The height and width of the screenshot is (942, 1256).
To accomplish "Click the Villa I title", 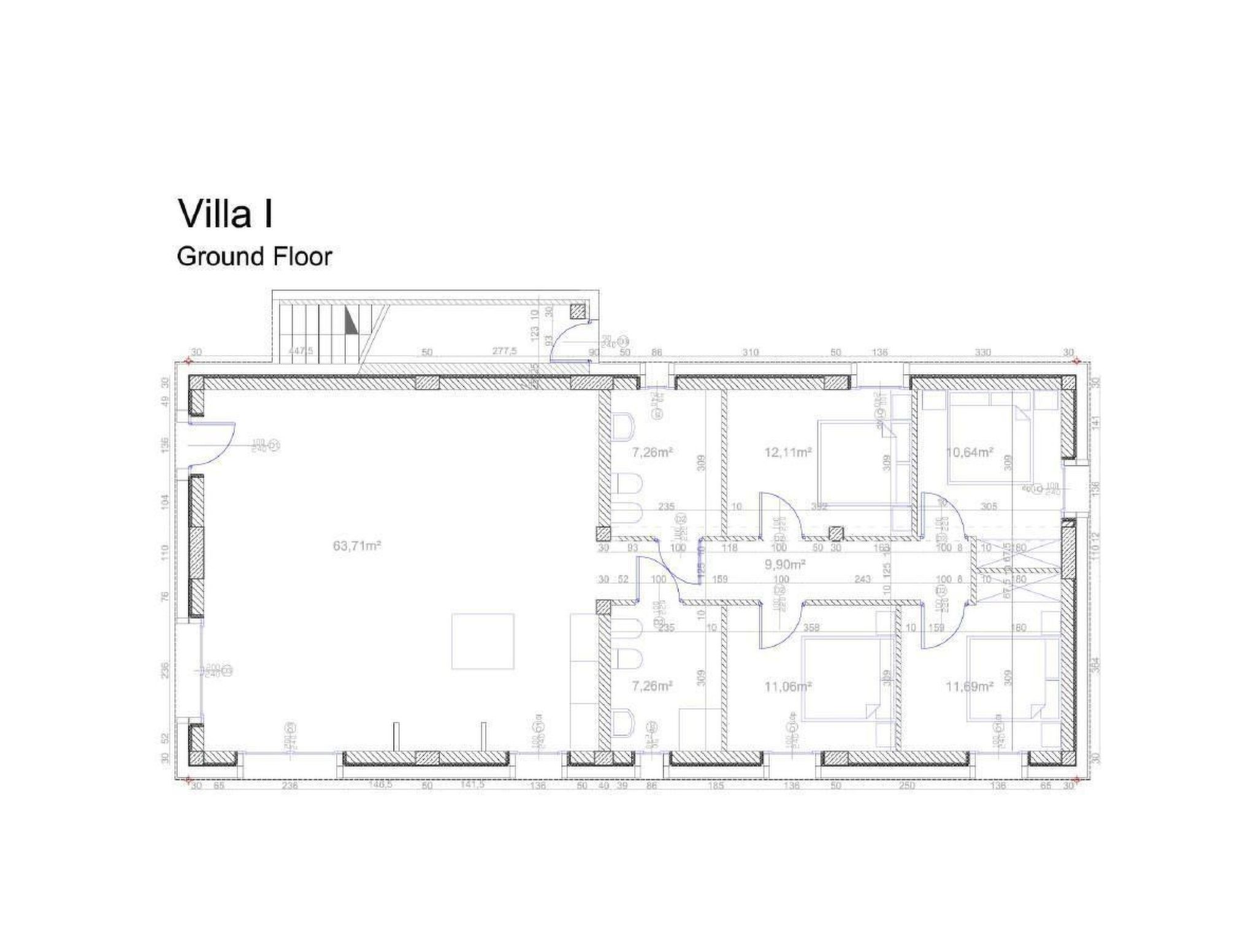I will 225,213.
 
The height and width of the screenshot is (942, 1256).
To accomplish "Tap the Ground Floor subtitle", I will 254,256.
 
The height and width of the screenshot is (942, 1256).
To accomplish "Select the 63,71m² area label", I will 357,545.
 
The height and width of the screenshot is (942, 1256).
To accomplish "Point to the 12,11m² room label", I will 788,453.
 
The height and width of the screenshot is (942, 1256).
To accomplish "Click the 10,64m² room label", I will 969,453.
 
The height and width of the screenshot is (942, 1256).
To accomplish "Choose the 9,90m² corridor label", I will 784,564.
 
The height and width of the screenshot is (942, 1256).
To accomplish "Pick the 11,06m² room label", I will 788,686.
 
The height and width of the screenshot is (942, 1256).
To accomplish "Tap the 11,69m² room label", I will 969,686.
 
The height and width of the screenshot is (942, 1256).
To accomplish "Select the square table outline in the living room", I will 483,641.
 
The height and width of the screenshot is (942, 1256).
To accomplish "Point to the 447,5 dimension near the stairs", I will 301,352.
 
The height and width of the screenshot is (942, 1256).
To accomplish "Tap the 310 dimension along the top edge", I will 750,353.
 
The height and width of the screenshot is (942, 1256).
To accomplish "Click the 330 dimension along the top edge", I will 982,353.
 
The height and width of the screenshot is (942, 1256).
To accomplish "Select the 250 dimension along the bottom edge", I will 906,786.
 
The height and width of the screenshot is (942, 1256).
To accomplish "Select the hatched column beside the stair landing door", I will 578,311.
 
